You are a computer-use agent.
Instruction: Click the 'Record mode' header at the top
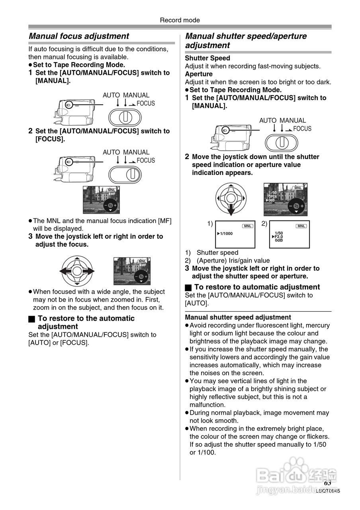180,20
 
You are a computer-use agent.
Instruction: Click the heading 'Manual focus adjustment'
79,36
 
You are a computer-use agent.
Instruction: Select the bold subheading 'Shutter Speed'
207,58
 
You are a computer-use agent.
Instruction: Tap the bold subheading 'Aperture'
199,74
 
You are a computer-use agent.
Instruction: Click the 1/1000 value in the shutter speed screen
226,233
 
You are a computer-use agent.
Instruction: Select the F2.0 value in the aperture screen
279,237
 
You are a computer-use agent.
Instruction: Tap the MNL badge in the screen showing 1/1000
248,226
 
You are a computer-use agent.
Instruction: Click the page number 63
327,483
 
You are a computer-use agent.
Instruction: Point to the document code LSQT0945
328,491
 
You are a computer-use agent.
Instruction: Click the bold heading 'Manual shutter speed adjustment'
238,318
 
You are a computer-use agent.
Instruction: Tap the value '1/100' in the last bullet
207,452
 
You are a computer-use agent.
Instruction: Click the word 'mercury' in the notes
319,326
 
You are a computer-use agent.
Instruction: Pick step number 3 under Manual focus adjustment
30,236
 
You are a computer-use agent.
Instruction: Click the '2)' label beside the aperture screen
264,224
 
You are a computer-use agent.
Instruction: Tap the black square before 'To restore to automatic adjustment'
188,287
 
